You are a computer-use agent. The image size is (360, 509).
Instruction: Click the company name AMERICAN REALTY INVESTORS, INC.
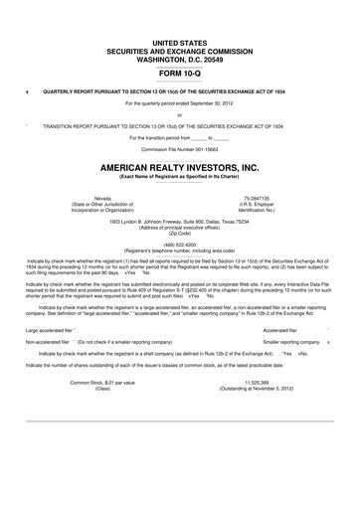point(180,169)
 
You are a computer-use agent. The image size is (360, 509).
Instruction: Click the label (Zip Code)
point(180,233)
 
